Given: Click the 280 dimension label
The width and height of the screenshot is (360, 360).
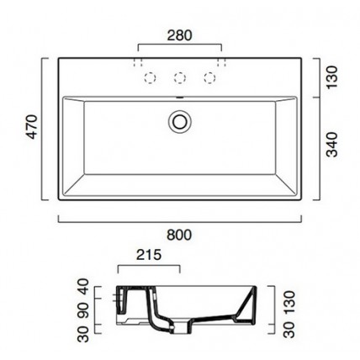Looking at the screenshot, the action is [x=180, y=35].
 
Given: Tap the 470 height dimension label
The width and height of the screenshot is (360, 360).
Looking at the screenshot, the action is [x=33, y=127].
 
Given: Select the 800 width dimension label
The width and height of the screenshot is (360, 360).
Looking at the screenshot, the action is [x=179, y=235].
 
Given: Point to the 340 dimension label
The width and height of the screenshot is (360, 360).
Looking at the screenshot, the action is [x=333, y=145].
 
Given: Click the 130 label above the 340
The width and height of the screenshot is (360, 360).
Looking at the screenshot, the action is [x=333, y=77].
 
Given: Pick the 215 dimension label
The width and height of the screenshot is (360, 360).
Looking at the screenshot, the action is [x=149, y=255].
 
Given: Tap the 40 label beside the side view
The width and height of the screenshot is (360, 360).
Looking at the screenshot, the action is [x=83, y=286].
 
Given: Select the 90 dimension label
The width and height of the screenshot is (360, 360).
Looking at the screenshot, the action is [x=83, y=310].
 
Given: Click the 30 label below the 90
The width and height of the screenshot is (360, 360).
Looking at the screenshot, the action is [x=83, y=335].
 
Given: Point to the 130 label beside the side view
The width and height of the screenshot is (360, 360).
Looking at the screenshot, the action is [x=289, y=302].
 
